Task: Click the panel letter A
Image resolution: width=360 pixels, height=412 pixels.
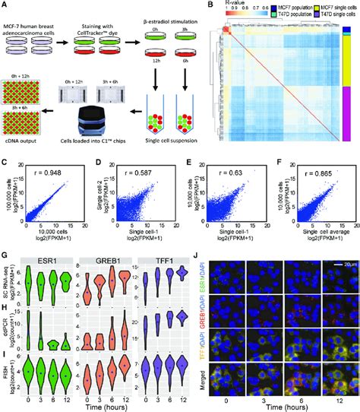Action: tap(5, 6)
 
